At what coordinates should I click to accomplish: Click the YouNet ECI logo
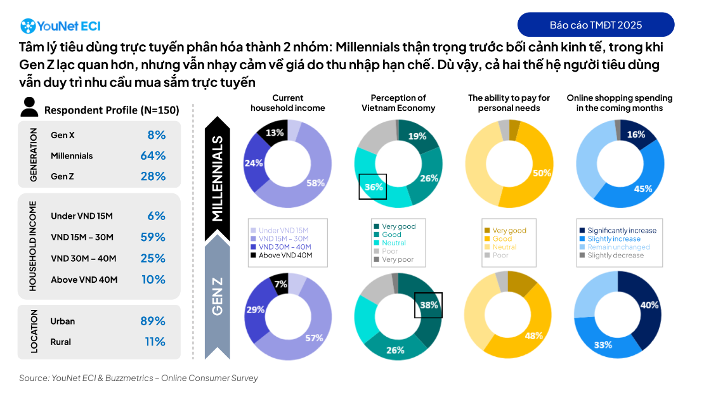point(60,26)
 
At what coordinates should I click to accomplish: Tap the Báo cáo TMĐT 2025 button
point(596,25)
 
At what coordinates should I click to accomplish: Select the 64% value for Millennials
point(153,156)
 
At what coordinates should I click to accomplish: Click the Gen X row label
point(63,135)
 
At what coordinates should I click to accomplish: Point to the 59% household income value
point(153,237)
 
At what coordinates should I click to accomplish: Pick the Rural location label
point(61,342)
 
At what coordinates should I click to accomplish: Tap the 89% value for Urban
point(153,321)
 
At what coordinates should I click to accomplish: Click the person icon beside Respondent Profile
point(29,108)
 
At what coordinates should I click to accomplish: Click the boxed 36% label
point(373,187)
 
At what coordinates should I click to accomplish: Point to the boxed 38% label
point(428,305)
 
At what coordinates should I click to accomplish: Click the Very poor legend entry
point(397,259)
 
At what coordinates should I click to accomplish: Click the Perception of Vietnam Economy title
point(398,103)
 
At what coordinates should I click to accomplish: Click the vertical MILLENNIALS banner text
point(218,178)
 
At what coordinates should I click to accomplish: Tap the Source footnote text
point(138,378)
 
